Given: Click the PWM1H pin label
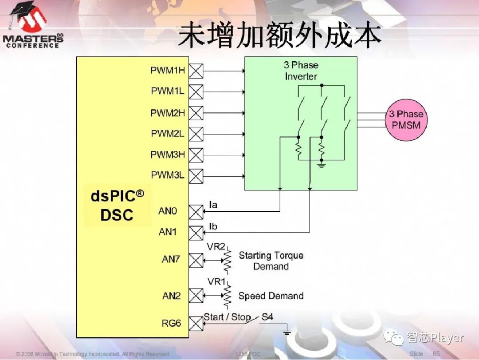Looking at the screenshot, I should click(x=168, y=70).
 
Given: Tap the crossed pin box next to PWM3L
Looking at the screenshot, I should click(x=196, y=176).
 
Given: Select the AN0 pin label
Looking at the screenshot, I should click(x=168, y=211).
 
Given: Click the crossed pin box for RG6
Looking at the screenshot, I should click(x=196, y=323).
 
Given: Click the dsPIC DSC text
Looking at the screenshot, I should click(x=118, y=206).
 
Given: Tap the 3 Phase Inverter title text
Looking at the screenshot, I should click(x=301, y=71).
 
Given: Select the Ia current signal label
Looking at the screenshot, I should click(x=213, y=205).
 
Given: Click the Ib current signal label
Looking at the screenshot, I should click(x=213, y=227).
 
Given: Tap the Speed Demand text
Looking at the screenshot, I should click(x=271, y=296).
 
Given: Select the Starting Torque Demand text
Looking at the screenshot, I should click(x=271, y=261).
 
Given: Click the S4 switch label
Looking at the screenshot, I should click(x=267, y=317).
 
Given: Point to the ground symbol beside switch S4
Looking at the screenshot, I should click(x=287, y=331).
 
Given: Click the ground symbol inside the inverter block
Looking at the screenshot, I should click(x=322, y=165).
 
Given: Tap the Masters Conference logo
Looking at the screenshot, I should click(x=33, y=27).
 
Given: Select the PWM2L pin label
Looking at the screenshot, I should click(x=168, y=134).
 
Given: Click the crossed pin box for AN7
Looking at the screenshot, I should click(x=196, y=260).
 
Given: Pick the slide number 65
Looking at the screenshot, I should click(x=436, y=353).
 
